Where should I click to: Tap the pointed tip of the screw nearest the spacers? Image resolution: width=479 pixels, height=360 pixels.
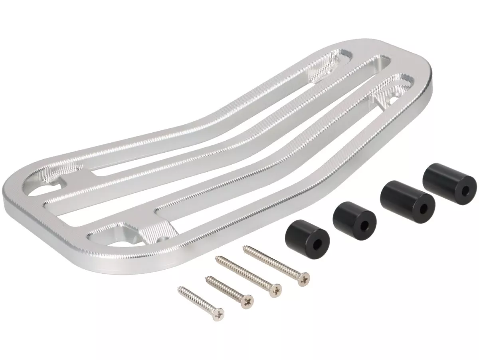pyautogui.click(x=244, y=248)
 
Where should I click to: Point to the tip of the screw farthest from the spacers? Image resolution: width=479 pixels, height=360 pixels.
pyautogui.click(x=179, y=288)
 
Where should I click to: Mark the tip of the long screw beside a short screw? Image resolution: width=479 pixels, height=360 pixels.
pyautogui.click(x=216, y=258)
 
